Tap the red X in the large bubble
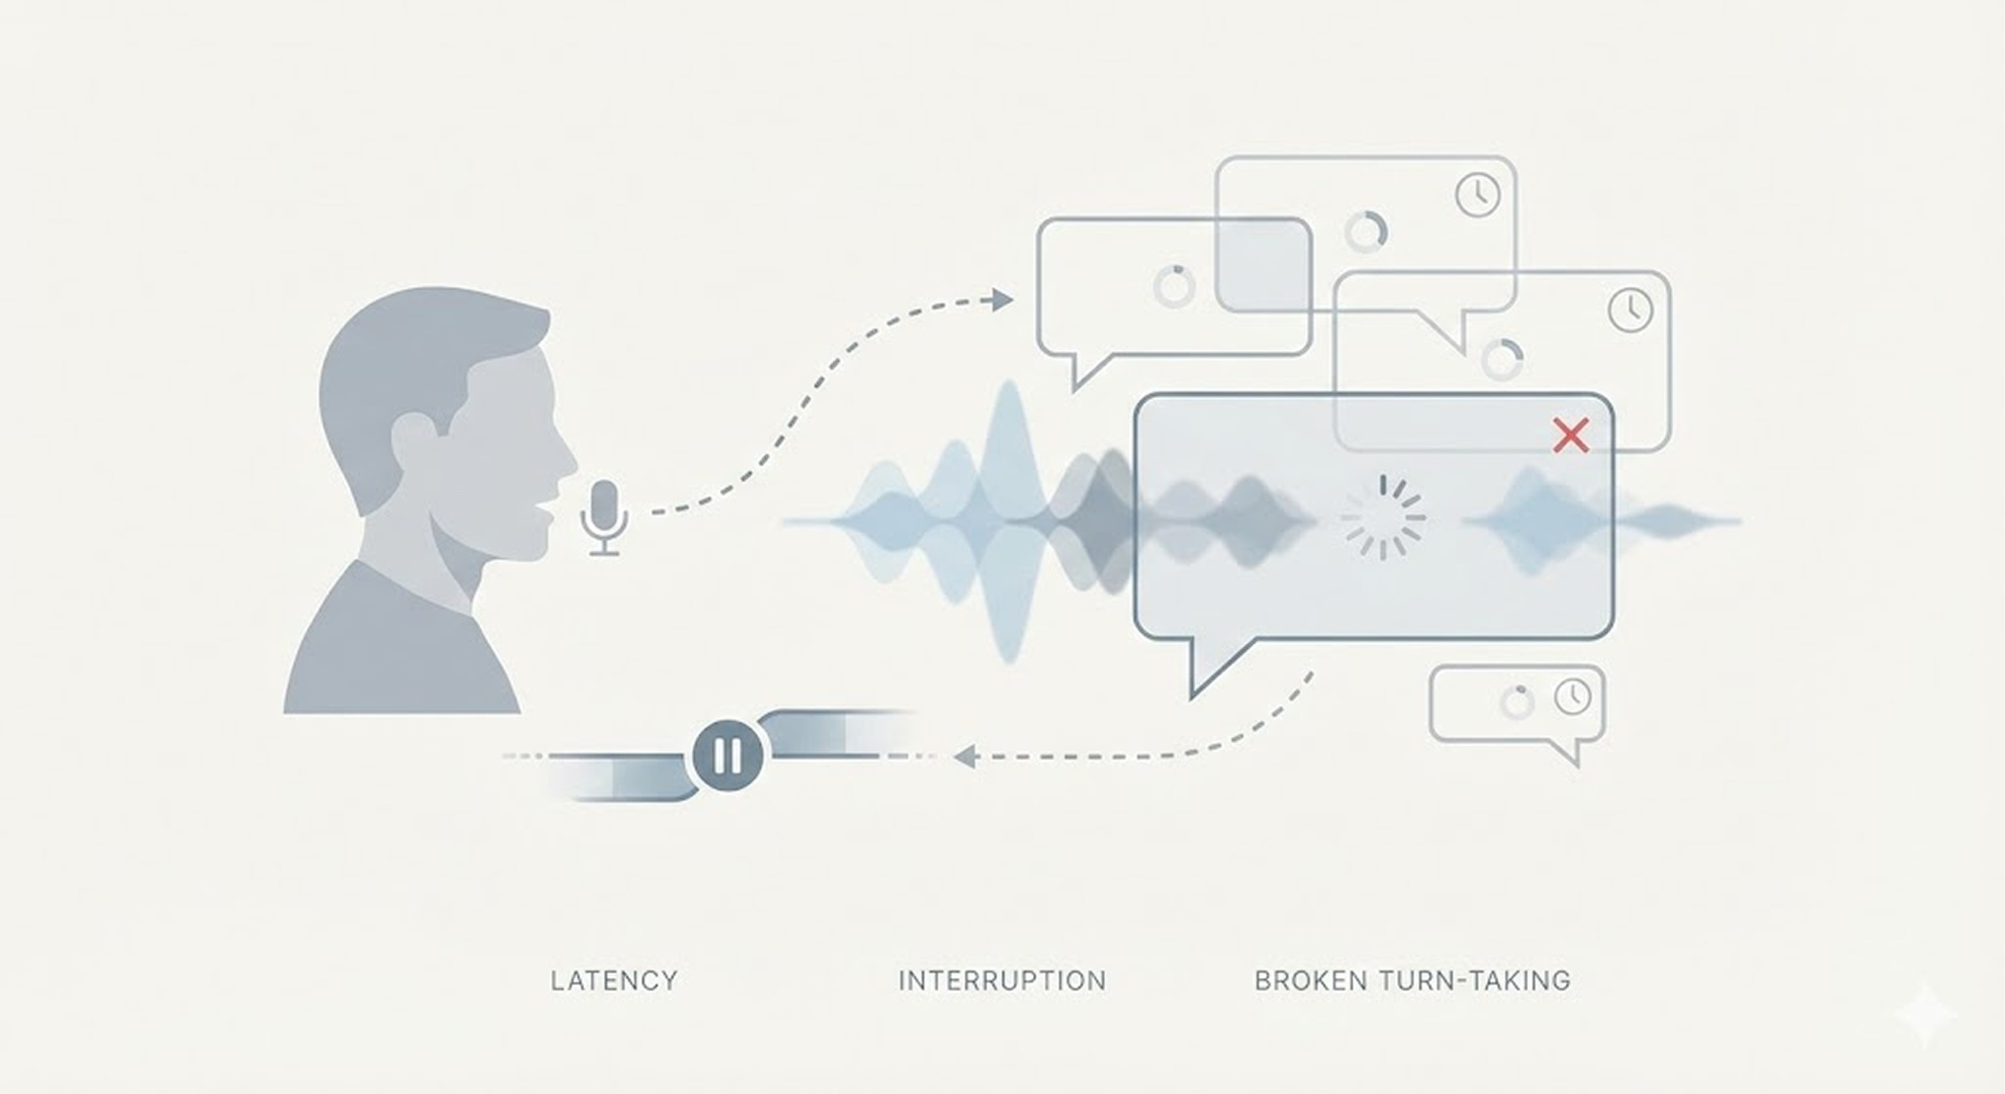click(x=1571, y=435)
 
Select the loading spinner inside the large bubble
click(x=1383, y=518)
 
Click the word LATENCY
click(x=614, y=980)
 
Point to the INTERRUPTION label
click(x=1002, y=980)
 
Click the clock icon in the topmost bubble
click(x=1477, y=195)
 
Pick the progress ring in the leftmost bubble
click(x=1174, y=285)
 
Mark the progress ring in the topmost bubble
click(x=1366, y=231)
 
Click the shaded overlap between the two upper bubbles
click(x=1263, y=264)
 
